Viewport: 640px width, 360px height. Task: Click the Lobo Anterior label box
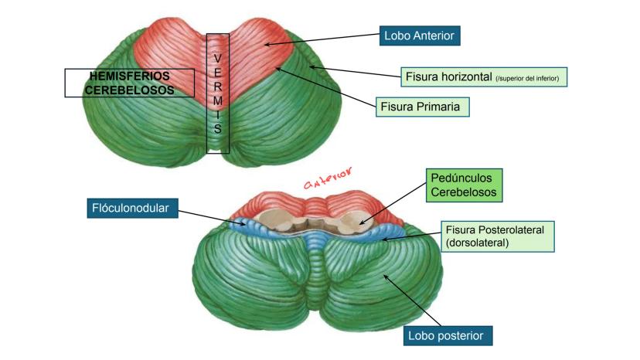coord(422,36)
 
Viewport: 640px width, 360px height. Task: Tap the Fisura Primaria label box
coord(424,107)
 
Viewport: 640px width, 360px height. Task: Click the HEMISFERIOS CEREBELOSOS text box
coord(128,83)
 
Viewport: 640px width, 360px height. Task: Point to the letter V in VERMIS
coord(218,58)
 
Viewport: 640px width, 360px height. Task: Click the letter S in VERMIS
coord(218,129)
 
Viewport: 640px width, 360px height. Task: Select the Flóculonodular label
coord(132,207)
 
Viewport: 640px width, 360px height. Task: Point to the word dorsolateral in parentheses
coord(476,243)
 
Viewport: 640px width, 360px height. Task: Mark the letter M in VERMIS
coord(218,100)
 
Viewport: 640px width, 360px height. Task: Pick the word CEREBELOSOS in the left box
coord(128,90)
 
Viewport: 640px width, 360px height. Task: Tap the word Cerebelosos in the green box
coord(464,192)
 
